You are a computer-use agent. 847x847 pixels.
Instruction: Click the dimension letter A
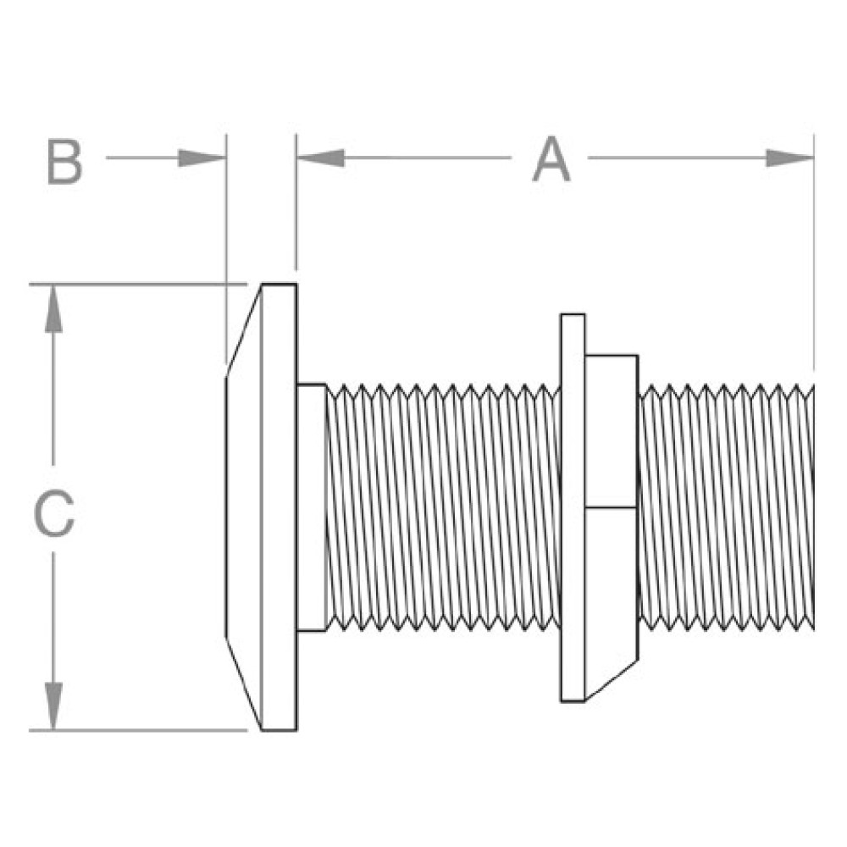pos(551,161)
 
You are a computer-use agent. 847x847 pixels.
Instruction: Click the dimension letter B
pos(65,163)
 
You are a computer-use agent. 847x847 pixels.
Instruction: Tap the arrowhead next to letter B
pos(203,158)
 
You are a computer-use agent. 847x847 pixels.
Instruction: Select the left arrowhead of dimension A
pos(320,158)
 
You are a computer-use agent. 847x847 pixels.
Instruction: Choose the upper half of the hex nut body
pos(611,432)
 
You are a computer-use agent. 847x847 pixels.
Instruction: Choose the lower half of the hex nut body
pos(611,584)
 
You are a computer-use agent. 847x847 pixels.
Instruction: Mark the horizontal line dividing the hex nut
pos(611,507)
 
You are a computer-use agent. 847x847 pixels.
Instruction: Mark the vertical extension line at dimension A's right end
pos(813,254)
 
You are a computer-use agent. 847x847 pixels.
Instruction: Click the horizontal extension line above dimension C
pos(136,284)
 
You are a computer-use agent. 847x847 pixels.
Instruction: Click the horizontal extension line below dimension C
pos(136,730)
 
